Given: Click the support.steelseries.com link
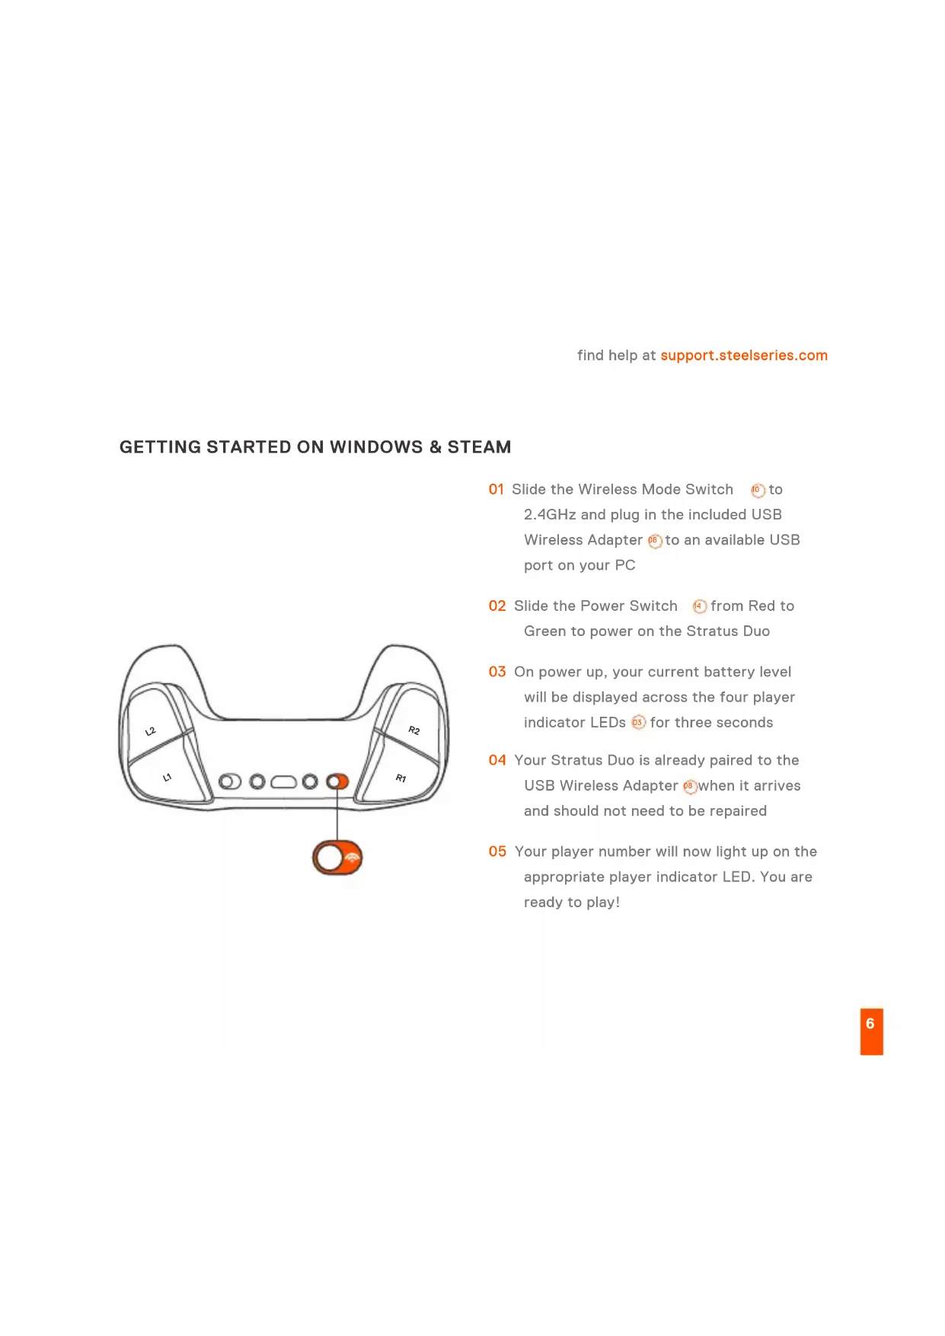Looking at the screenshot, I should tap(743, 356).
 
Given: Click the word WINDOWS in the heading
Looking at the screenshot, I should tap(376, 447).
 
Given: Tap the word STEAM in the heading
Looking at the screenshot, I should tap(479, 447).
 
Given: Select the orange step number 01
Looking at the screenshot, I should tap(496, 490).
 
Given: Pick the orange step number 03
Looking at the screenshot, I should tap(497, 672).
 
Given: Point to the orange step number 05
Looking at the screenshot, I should tap(497, 852).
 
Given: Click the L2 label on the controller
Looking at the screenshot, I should tap(151, 731).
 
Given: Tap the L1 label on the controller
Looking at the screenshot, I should tap(168, 778).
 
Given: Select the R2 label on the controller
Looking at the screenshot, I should tap(414, 730).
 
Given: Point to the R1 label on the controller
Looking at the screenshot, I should tap(401, 778).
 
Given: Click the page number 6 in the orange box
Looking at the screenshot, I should tap(870, 1024).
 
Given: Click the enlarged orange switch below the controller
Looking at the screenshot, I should tap(337, 858).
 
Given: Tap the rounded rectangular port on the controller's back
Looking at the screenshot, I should tap(283, 782).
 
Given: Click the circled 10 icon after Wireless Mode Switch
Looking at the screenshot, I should tap(757, 491).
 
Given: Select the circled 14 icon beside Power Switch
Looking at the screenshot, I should tap(699, 607).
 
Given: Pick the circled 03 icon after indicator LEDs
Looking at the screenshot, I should tap(638, 723).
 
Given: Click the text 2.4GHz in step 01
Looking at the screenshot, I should tap(549, 515).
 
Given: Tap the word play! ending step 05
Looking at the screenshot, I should tap(603, 903).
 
